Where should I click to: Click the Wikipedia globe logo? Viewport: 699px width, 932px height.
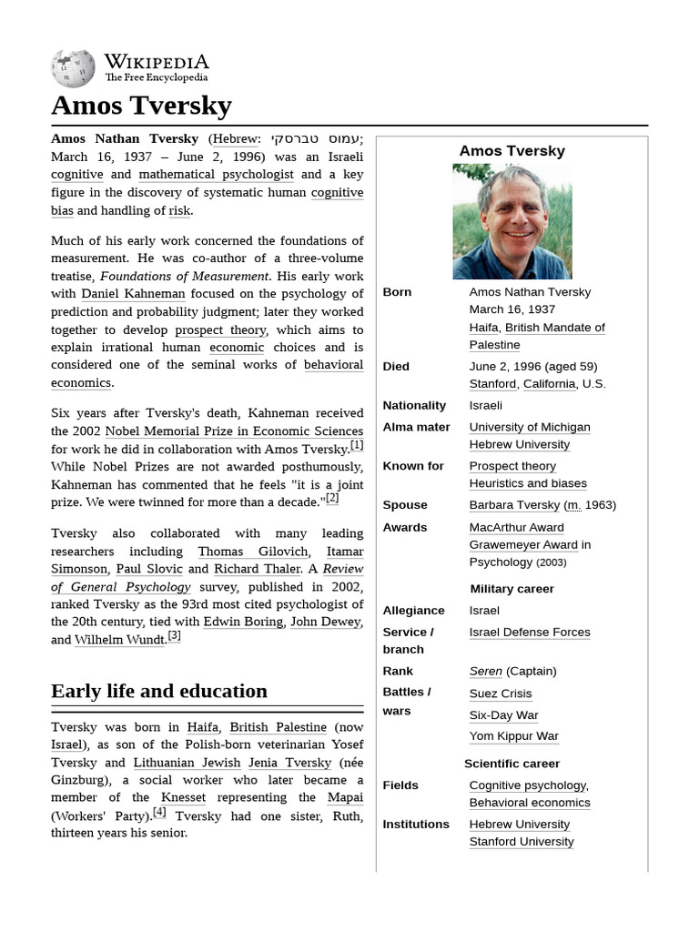73,68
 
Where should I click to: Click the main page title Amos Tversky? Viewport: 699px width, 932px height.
141,106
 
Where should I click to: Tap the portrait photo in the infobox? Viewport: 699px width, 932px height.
512,221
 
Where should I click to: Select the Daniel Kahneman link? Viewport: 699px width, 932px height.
133,294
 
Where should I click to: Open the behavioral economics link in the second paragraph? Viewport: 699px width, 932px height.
207,374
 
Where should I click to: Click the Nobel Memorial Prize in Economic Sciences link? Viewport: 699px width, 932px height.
234,431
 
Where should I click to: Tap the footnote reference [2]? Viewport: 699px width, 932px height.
332,499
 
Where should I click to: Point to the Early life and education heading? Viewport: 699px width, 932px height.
159,691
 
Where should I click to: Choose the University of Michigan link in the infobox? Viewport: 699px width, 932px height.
529,427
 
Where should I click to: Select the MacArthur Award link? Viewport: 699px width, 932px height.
516,527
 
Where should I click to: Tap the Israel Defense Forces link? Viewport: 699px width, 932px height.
529,632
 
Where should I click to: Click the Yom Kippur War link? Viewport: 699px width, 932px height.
513,735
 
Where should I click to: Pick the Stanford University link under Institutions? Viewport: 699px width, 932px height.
521,841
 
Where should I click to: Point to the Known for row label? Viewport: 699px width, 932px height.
413,466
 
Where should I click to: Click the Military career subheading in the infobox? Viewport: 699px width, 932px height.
512,589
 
